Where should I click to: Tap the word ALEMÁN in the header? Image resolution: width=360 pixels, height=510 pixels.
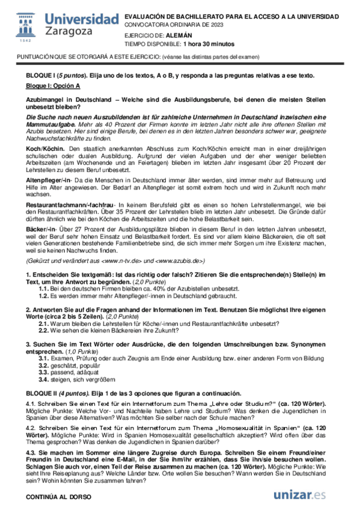pyautogui.click(x=173, y=35)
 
